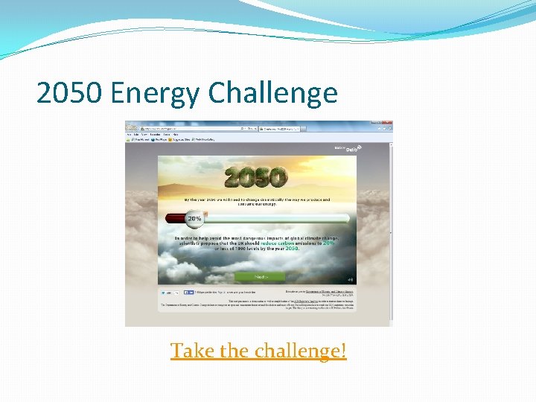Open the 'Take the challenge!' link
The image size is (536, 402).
(258, 350)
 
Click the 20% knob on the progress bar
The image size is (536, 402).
(195, 219)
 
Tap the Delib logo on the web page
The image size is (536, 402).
(346, 149)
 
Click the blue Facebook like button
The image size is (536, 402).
(189, 293)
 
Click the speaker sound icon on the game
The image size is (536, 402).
(349, 280)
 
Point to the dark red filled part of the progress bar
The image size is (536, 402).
(177, 218)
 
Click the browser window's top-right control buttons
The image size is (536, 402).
(381, 124)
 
